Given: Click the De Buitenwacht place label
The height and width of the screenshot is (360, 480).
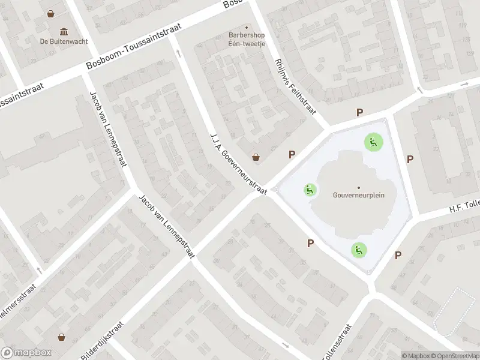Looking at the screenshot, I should (64, 41).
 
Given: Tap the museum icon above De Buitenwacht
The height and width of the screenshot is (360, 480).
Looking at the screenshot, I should (64, 31).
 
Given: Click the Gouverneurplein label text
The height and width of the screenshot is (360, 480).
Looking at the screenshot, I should (359, 195).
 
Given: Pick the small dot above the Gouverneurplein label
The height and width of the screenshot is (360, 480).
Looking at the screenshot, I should (359, 187).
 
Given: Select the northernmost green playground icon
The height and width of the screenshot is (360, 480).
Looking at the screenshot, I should (373, 142).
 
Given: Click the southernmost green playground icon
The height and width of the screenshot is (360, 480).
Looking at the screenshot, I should (359, 250).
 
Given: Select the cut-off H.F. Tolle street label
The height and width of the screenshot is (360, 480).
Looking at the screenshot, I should (464, 206).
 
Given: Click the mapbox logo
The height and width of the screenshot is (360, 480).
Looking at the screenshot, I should (26, 352).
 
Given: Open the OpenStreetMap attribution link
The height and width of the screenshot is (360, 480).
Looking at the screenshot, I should (454, 356).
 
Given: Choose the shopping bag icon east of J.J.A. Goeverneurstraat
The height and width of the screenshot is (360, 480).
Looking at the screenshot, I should (256, 157).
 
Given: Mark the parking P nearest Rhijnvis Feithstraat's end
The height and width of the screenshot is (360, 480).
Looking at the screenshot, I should (360, 112).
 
